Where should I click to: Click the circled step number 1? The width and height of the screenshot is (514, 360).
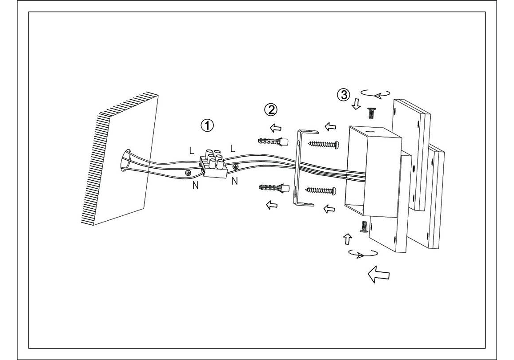(x=207, y=125)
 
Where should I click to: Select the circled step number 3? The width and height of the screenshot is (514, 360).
(x=343, y=94)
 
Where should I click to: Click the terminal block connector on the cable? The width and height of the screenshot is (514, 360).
(x=215, y=164)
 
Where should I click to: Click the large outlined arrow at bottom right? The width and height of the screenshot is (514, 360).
(x=377, y=274)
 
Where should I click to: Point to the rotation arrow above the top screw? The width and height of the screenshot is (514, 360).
(x=376, y=93)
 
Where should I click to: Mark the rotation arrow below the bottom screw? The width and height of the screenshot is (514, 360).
(x=363, y=254)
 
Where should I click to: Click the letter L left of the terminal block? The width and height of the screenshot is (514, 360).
(x=192, y=150)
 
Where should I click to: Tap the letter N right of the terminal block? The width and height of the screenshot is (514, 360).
(x=234, y=181)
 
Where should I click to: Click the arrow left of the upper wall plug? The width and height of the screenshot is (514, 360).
(x=276, y=128)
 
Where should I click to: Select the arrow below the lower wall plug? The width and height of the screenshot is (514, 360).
(x=271, y=205)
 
